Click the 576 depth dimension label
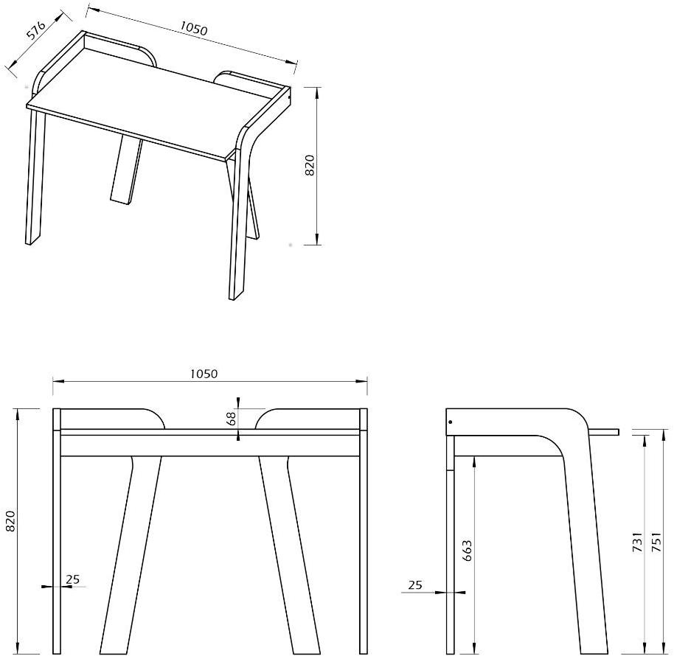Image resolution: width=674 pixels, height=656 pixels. (36, 29)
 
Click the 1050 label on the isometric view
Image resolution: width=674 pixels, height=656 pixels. (193, 28)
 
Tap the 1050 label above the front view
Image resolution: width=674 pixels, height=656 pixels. (204, 374)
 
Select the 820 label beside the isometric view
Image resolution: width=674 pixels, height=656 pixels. (310, 164)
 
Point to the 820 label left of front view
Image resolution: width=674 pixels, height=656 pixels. (10, 520)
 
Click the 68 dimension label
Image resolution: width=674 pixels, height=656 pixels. (231, 419)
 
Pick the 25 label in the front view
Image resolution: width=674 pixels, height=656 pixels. (73, 579)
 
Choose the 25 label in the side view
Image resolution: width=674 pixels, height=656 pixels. (415, 585)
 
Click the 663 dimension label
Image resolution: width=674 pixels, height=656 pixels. (468, 551)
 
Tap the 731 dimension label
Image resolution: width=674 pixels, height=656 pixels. (638, 542)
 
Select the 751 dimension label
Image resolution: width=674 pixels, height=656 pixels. (656, 542)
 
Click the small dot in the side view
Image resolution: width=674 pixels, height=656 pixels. (450, 422)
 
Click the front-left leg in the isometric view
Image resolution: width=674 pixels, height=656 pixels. (35, 176)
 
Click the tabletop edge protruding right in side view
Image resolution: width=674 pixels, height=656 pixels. (605, 432)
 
